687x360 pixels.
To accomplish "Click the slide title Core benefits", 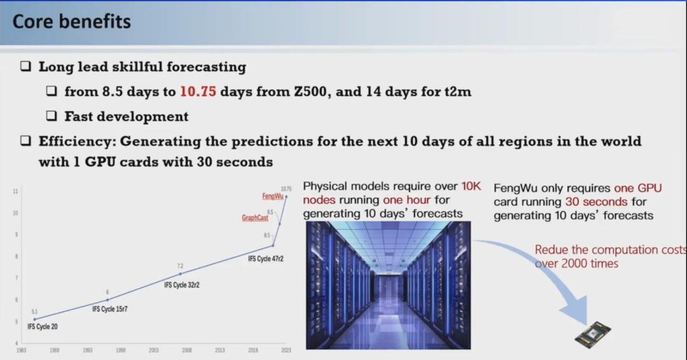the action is tap(71, 22).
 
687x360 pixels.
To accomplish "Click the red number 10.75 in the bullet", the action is tap(198, 92).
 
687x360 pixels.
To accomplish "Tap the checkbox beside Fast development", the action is tap(52, 116).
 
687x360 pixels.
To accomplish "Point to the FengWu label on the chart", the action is tap(272, 196).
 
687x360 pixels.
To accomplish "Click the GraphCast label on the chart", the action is tap(254, 218).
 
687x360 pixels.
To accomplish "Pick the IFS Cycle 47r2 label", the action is tap(265, 259).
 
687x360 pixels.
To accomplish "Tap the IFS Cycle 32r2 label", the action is tap(182, 285).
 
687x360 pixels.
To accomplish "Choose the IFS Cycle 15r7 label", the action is tap(110, 309).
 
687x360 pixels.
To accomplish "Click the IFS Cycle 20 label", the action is tap(43, 327).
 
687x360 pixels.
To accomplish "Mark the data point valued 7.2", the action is tap(180, 274).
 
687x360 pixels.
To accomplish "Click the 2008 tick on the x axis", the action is tap(186, 350).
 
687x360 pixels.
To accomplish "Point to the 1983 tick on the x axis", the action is tap(21, 350).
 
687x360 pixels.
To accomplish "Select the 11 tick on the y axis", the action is tap(15, 191).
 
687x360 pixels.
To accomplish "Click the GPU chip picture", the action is tap(593, 334).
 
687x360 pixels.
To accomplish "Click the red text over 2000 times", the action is tap(576, 264).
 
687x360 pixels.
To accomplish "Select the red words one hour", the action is tap(407, 200).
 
